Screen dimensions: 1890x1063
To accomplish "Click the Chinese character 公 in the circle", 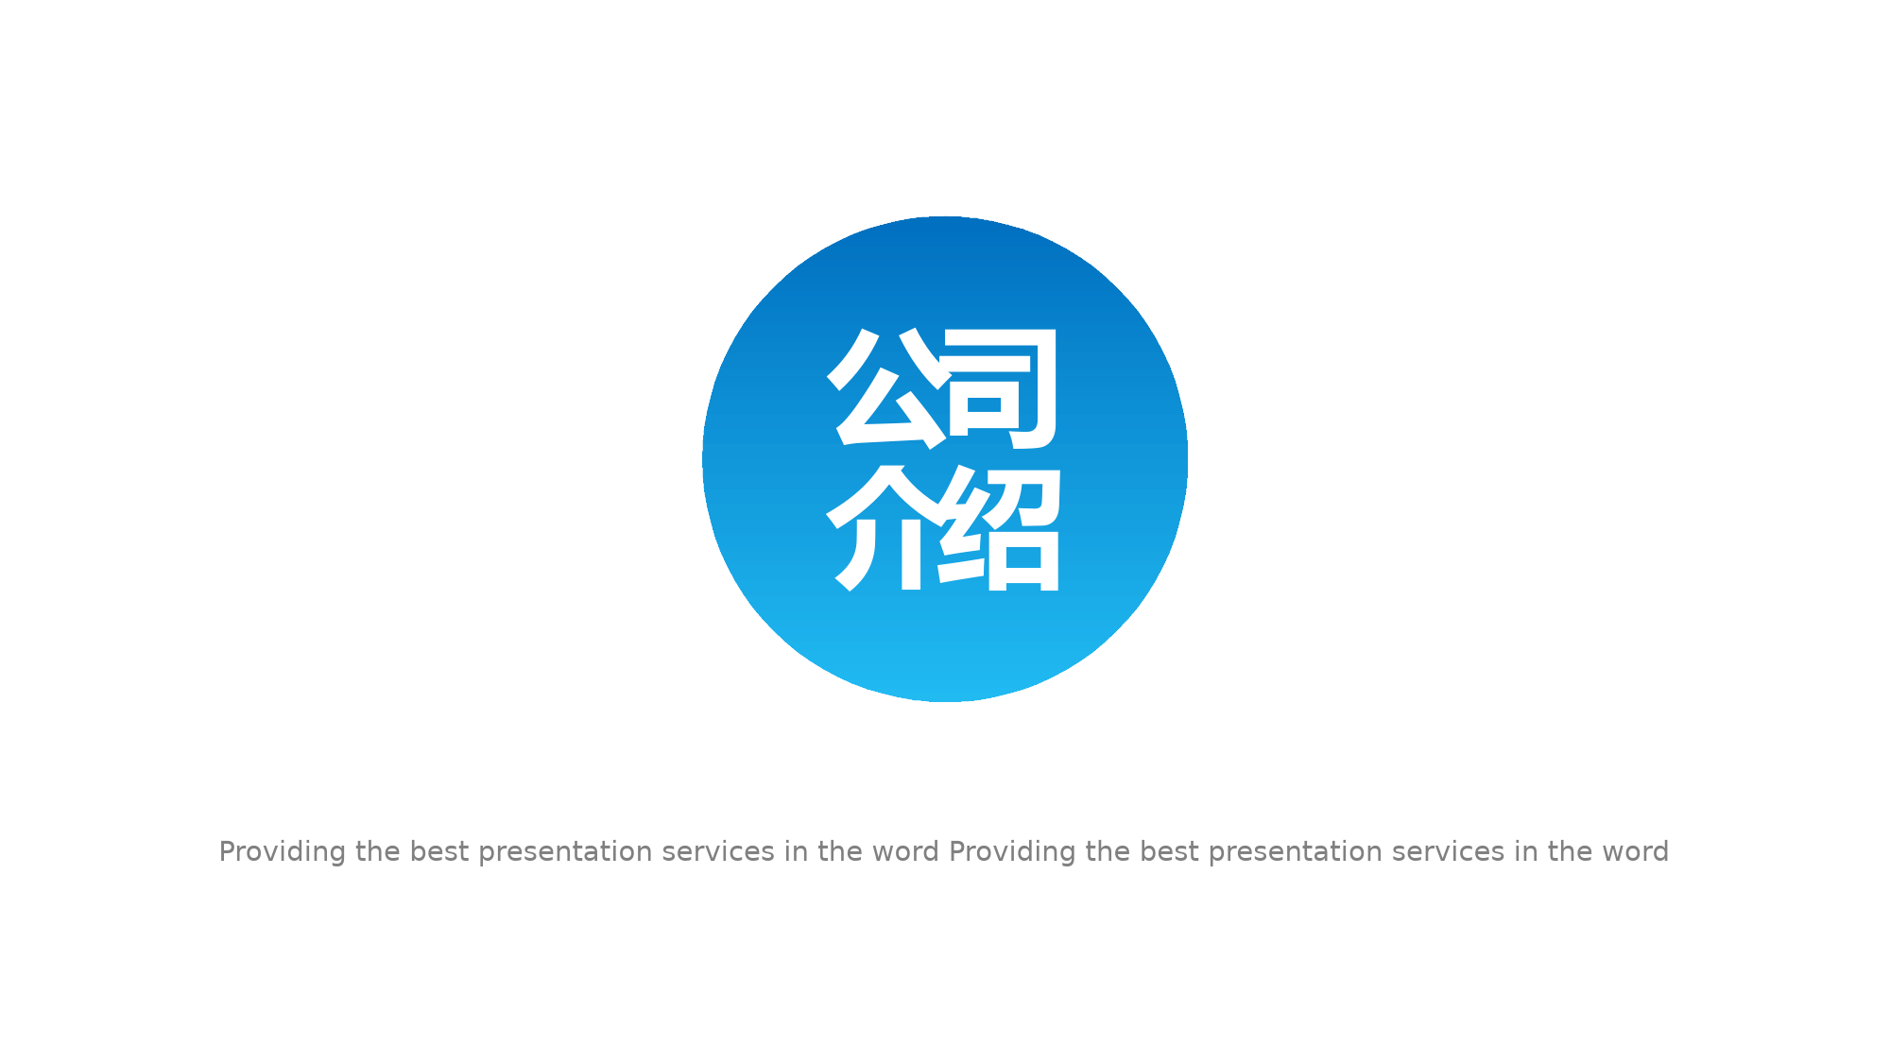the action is pos(886,388).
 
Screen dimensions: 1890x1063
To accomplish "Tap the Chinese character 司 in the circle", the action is pos(1002,388).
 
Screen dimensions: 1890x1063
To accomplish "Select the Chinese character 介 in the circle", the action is pos(886,527).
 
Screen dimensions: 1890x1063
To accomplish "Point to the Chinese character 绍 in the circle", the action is pos(1000,527).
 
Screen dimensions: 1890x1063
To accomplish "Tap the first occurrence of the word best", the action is pos(439,851).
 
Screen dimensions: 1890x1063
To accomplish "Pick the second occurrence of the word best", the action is pos(1170,851).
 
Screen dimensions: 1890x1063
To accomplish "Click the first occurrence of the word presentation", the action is pos(565,852).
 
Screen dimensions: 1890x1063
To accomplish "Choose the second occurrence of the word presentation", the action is pos(1296,852).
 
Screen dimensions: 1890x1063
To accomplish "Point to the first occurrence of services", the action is pos(718,851).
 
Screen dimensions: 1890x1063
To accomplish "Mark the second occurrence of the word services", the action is pos(1449,851).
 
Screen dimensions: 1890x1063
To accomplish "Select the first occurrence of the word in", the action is pos(796,851).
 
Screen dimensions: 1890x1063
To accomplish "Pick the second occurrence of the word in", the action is pos(1526,851).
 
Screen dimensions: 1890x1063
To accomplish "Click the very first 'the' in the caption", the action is pos(378,851).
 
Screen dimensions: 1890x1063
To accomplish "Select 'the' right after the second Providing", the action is pos(1108,851).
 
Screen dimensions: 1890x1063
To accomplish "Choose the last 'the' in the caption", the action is pos(1570,851).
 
